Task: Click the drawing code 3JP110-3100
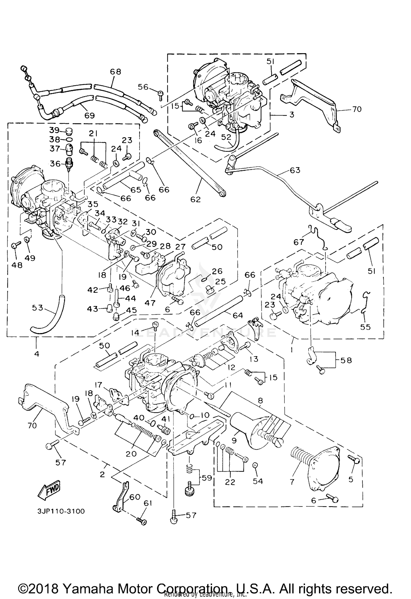pyautogui.click(x=61, y=511)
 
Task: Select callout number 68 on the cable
pyautogui.click(x=115, y=72)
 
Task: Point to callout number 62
pyautogui.click(x=196, y=199)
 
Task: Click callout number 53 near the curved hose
pyautogui.click(x=38, y=308)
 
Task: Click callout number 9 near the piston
pyautogui.click(x=234, y=441)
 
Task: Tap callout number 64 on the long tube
pyautogui.click(x=238, y=316)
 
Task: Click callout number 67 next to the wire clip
pyautogui.click(x=299, y=242)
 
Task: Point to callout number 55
pyautogui.click(x=366, y=327)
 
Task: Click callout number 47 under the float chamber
pyautogui.click(x=150, y=303)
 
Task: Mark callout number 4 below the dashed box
pyautogui.click(x=36, y=354)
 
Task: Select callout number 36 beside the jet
pyautogui.click(x=55, y=164)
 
